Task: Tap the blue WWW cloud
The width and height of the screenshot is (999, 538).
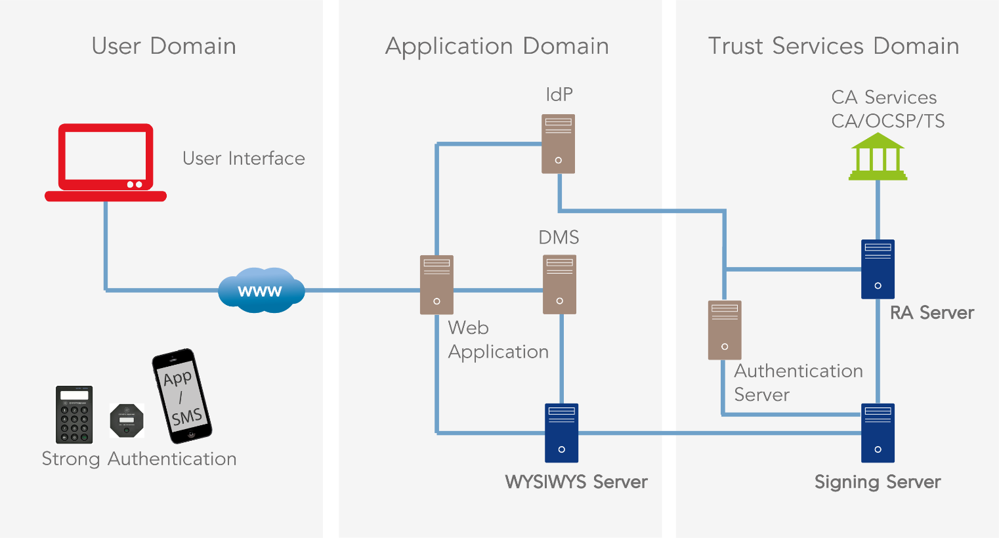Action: coord(261,290)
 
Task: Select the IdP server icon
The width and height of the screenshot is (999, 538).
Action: coord(558,144)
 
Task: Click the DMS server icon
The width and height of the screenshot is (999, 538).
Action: coord(559,284)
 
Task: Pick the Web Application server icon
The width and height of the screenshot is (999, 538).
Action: coord(436,285)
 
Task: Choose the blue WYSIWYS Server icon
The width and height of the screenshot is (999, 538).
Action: coord(561,433)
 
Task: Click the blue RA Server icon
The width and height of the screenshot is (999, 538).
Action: coord(878,269)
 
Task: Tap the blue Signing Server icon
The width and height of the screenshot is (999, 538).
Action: coord(878,433)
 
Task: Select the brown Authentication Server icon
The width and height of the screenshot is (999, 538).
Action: coord(725,330)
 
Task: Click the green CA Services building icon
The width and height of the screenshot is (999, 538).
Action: coord(878,157)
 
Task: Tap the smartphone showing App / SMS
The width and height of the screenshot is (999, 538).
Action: coord(182,396)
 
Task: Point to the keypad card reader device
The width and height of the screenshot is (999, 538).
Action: coord(74,415)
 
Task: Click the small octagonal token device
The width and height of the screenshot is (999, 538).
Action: coord(127,421)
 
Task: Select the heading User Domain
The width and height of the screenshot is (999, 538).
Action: coord(163,46)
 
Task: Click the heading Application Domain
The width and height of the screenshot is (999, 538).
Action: coord(497,46)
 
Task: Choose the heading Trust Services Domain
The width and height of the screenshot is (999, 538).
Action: coord(834,46)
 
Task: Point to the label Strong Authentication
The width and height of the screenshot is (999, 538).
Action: coord(139,459)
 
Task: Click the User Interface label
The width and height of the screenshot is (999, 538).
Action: coord(244,159)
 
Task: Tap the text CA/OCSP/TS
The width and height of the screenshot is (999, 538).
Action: coord(887,121)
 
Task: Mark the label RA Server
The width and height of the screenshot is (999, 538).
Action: coord(932,313)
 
